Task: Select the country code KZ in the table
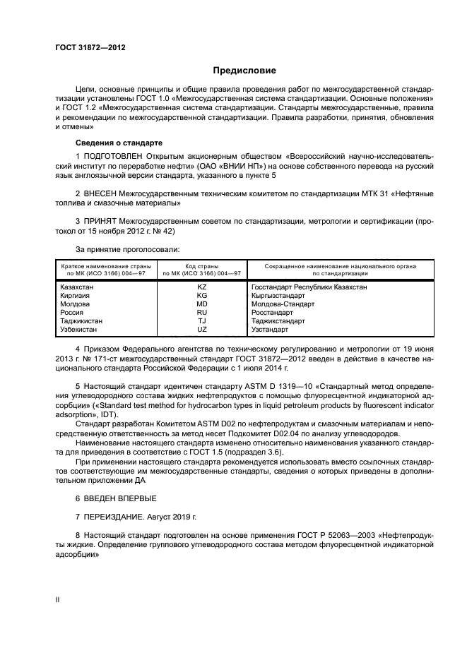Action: pos(201,287)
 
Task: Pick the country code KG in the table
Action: pos(201,296)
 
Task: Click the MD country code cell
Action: pos(201,304)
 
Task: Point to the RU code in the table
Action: pos(201,313)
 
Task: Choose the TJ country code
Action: pos(201,321)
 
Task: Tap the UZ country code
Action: pos(201,330)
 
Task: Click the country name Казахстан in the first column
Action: pos(78,287)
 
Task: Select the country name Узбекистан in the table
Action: pos(79,330)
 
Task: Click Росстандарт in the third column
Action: pos(272,313)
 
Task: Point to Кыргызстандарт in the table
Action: pos(278,296)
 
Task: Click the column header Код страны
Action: pos(201,266)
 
